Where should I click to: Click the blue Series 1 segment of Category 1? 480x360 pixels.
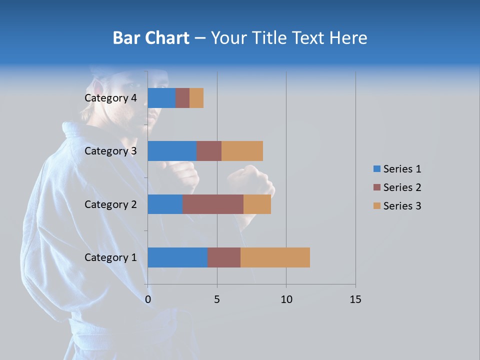click(x=177, y=257)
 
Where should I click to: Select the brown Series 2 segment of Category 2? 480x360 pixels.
click(x=213, y=204)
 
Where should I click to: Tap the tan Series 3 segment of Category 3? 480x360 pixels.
click(x=242, y=151)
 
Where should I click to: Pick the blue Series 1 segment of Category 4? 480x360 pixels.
click(x=161, y=98)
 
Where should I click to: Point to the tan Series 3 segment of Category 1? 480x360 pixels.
click(x=275, y=257)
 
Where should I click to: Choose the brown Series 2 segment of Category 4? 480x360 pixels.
click(x=182, y=98)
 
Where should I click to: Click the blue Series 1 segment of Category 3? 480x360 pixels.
click(x=172, y=151)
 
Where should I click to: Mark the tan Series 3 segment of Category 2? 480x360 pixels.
click(x=257, y=204)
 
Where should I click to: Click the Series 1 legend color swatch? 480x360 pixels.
click(x=376, y=169)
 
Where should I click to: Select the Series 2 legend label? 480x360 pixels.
click(x=402, y=187)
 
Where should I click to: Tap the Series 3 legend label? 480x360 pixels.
click(x=402, y=206)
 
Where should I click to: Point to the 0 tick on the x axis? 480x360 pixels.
click(x=147, y=299)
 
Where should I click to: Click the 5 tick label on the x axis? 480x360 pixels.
click(x=217, y=299)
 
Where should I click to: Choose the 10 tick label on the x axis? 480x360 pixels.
click(x=286, y=299)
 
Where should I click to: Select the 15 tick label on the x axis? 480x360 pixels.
click(x=355, y=299)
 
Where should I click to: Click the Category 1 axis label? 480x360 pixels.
click(x=110, y=257)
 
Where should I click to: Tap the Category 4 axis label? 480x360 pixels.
click(x=110, y=98)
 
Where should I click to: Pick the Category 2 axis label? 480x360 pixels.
click(x=110, y=204)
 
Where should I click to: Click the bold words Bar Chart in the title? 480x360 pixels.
click(x=151, y=38)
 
